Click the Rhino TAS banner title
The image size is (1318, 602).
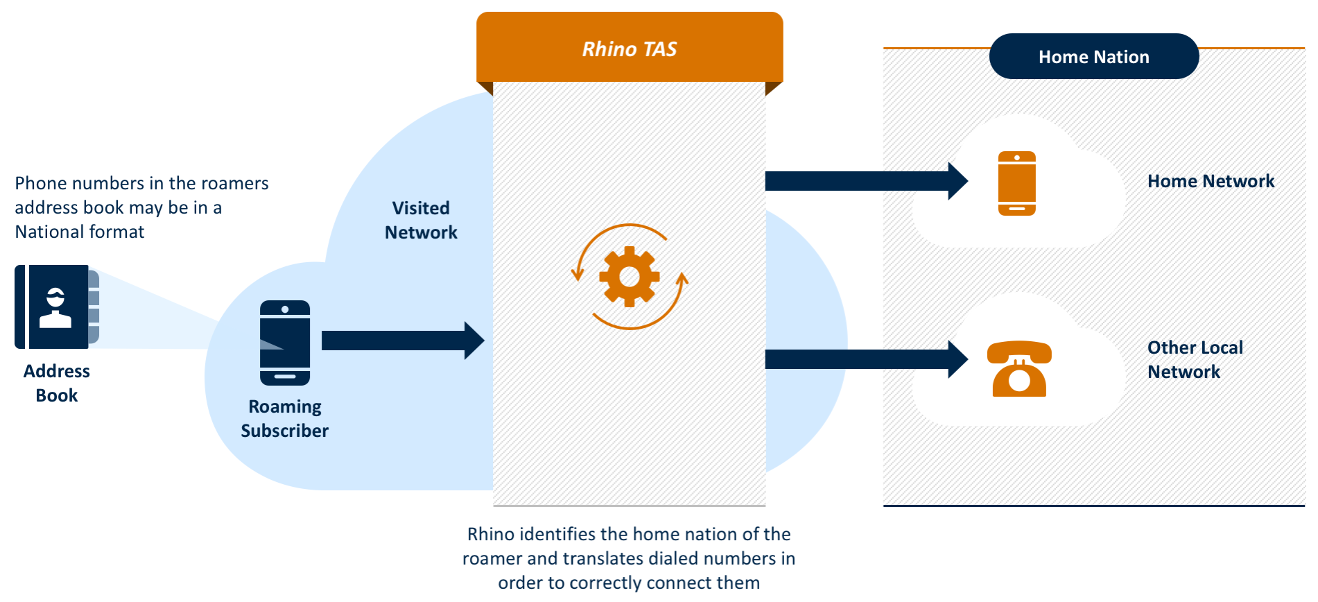(629, 49)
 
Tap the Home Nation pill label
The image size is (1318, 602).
(1093, 57)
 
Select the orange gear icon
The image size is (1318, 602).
(629, 277)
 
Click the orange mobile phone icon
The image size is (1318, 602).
(1016, 183)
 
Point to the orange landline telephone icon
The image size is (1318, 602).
(1018, 369)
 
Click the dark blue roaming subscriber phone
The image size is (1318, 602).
(285, 343)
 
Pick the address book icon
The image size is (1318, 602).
(57, 307)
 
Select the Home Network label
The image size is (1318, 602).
(1211, 181)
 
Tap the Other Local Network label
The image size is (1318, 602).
(1195, 359)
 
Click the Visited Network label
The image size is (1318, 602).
(421, 220)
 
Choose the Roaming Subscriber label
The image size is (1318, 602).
(284, 418)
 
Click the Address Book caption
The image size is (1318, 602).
(57, 383)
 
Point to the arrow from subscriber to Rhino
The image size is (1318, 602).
(402, 341)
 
